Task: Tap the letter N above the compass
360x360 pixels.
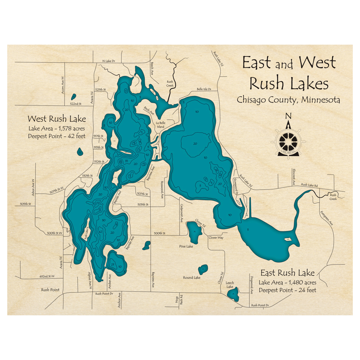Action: [288, 116]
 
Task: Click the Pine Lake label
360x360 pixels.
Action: [186, 246]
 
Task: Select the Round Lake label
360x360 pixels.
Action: [192, 278]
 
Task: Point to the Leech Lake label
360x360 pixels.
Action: [230, 285]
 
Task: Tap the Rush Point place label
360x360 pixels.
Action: [50, 289]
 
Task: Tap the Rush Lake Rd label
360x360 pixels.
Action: [309, 185]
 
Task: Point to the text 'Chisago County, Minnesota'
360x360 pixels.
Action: [288, 100]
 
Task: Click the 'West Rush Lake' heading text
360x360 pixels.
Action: [57, 118]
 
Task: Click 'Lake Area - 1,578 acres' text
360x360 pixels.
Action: [57, 129]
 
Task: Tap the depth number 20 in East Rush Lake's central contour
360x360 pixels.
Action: [195, 143]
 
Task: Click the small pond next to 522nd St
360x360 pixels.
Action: [74, 96]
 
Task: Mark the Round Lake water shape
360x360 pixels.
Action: [203, 269]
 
